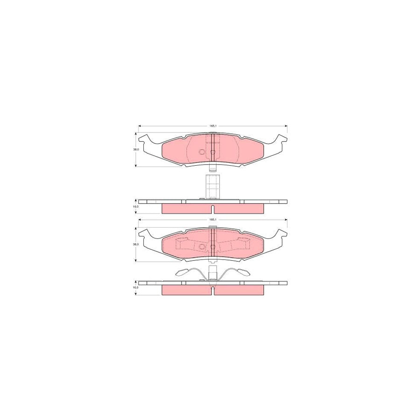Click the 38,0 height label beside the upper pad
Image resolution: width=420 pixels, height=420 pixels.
136,150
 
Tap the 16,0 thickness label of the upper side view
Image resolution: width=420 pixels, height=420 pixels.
136,206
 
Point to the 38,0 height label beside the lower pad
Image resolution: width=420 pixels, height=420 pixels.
136,244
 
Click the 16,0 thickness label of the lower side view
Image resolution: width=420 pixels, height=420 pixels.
136,287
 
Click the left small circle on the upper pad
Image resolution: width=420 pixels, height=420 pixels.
202,152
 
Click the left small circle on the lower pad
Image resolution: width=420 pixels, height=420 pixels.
202,246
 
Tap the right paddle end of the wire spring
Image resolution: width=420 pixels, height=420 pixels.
243,273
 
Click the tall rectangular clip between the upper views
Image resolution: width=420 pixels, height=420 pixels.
212,186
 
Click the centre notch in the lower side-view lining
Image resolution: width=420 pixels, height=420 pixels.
212,291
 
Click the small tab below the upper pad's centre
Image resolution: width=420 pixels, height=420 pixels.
212,168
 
